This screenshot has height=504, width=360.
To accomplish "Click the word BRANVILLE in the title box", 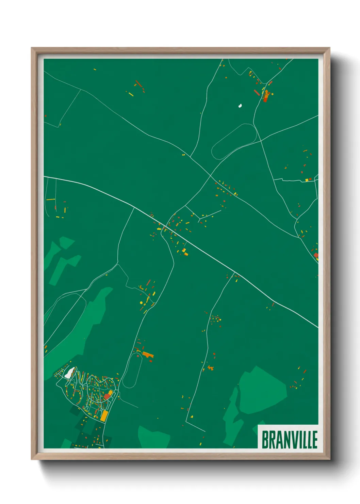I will point(289,440).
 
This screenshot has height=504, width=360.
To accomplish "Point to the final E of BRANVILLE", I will point(315,440).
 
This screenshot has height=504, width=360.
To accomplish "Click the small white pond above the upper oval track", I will point(240,106).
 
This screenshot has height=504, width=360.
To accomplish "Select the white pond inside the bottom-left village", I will point(69,373).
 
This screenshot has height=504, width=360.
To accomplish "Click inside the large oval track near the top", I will point(234,141).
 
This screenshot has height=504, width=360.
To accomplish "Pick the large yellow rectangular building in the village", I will point(104,416).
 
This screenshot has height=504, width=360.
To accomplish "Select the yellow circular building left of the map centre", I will point(141,302).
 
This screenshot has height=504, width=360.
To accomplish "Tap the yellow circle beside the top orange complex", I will point(272,94).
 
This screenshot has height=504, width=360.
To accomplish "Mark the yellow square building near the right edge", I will point(307,180).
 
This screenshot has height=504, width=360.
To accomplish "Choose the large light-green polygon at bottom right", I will point(262,390).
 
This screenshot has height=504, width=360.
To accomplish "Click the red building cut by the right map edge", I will point(316,255).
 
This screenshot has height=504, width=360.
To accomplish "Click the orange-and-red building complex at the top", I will point(266,96).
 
